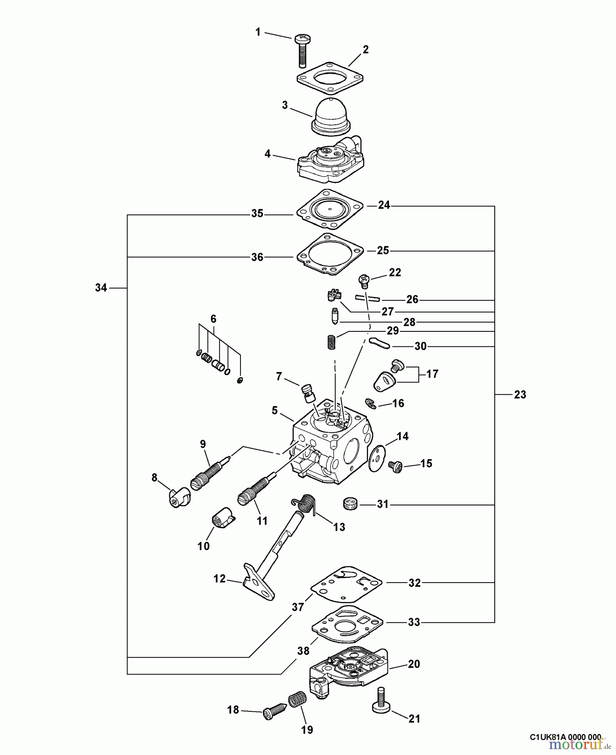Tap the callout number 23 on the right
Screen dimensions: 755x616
[520, 395]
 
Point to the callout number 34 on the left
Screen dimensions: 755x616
[101, 288]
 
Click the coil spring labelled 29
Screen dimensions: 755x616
[332, 341]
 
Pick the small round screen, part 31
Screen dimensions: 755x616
[350, 503]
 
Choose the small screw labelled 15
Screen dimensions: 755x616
[395, 466]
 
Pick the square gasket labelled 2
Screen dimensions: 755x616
[330, 78]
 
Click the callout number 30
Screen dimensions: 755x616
[420, 346]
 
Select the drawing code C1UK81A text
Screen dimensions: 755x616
[565, 737]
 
